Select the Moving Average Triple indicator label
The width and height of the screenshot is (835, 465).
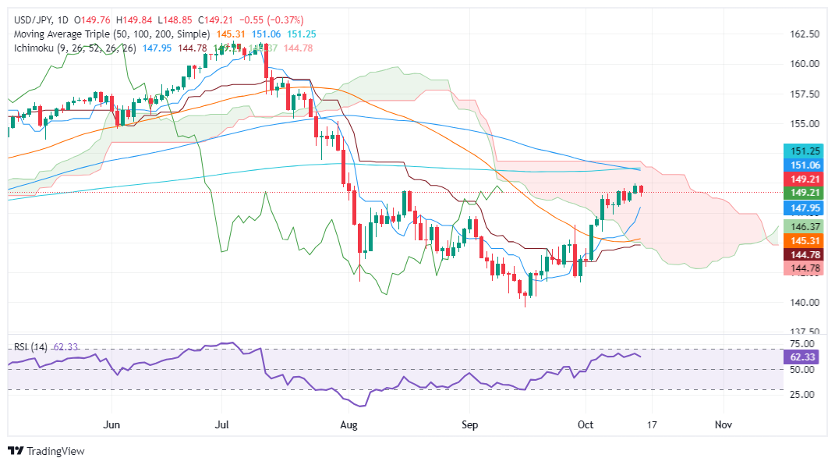109,34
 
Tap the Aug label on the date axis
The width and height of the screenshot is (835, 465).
349,425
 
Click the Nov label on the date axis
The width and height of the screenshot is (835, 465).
724,425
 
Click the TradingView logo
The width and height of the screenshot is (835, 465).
47,451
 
